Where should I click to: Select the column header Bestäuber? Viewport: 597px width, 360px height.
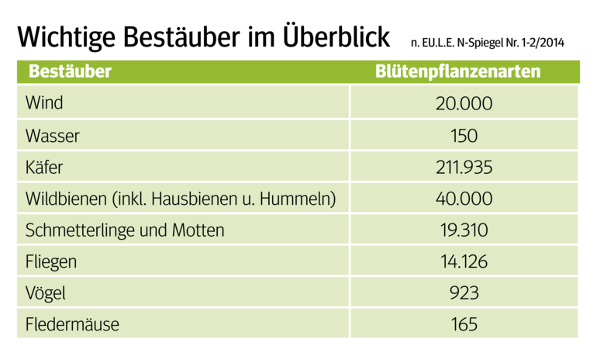pyautogui.click(x=70, y=72)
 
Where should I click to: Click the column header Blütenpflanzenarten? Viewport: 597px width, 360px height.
pyautogui.click(x=457, y=72)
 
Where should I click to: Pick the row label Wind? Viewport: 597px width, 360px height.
pyautogui.click(x=44, y=103)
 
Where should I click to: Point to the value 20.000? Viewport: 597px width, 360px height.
pyautogui.click(x=464, y=103)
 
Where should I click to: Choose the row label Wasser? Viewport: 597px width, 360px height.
pyautogui.click(x=52, y=135)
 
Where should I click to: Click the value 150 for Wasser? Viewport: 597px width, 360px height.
pyautogui.click(x=464, y=135)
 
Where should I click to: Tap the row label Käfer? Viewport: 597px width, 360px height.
pyautogui.click(x=45, y=167)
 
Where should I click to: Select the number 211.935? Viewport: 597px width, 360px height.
pyautogui.click(x=464, y=167)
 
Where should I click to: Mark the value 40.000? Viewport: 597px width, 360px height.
pyautogui.click(x=464, y=199)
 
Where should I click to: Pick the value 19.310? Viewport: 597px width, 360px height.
pyautogui.click(x=464, y=230)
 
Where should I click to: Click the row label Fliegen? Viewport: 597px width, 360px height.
pyautogui.click(x=51, y=262)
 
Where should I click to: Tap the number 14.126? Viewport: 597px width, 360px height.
pyautogui.click(x=464, y=262)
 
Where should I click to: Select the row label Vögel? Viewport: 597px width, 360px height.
pyautogui.click(x=46, y=293)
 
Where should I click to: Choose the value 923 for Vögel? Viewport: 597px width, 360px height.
pyautogui.click(x=464, y=293)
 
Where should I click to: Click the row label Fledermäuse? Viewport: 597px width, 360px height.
pyautogui.click(x=72, y=324)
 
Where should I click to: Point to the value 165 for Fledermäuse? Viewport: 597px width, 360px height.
pyautogui.click(x=464, y=324)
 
